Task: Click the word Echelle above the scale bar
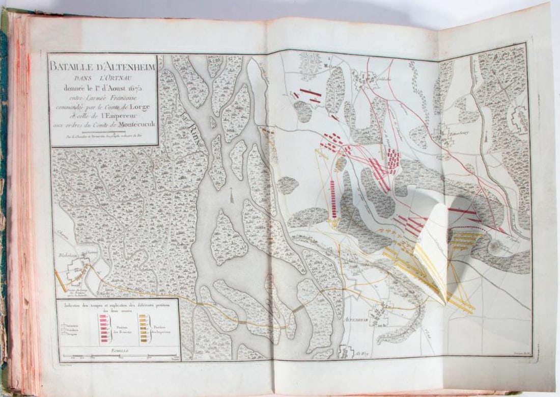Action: coord(118,351)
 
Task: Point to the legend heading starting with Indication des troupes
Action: coord(118,307)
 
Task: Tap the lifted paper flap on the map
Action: coord(433,240)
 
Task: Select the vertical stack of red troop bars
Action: coord(333,198)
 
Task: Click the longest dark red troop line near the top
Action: coord(310,93)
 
